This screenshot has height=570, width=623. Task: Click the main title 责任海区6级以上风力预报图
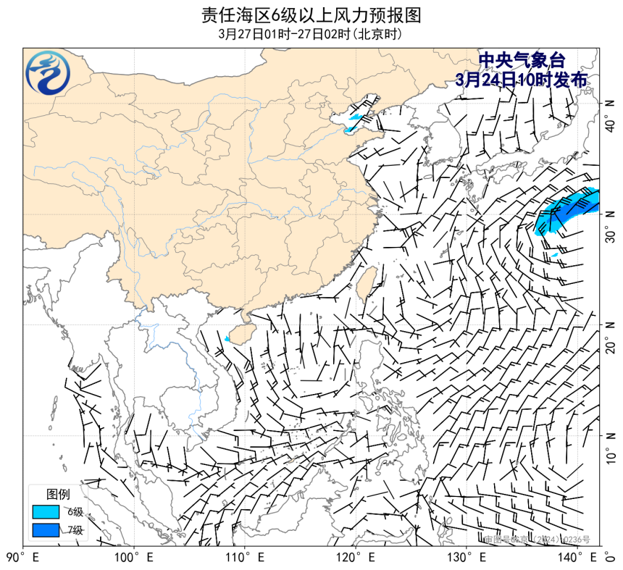click(311, 15)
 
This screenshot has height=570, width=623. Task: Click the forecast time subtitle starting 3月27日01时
click(311, 34)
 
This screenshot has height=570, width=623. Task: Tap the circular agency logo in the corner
click(49, 73)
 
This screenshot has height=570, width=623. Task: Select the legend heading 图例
click(59, 495)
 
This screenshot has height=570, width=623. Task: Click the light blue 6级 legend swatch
click(45, 512)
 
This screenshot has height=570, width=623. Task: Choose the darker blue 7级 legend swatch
click(45, 530)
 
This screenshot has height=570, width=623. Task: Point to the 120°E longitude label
click(356, 558)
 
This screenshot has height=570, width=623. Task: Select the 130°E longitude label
click(467, 558)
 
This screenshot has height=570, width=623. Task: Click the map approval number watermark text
click(537, 540)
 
